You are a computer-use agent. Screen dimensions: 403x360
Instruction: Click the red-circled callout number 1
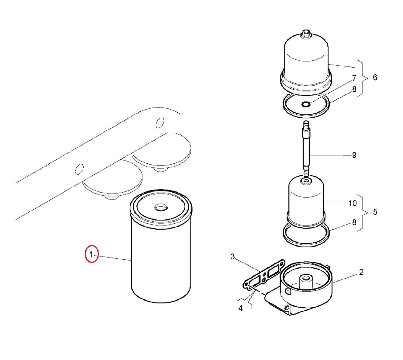[91, 254]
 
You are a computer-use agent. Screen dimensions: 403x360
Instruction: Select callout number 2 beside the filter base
[361, 272]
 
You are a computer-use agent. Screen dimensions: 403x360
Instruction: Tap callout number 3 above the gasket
[233, 256]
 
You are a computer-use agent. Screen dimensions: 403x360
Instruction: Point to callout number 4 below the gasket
[241, 308]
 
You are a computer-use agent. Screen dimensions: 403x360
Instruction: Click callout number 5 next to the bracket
[375, 212]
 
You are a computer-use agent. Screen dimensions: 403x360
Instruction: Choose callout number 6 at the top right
[375, 78]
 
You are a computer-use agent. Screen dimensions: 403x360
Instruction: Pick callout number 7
[354, 78]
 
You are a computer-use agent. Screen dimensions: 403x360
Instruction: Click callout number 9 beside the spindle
[354, 155]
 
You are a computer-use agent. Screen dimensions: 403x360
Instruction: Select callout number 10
[353, 203]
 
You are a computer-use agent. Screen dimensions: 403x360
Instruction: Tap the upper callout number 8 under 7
[354, 89]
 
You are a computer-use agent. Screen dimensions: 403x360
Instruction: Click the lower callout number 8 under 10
[354, 222]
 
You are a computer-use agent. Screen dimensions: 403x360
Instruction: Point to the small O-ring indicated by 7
[306, 104]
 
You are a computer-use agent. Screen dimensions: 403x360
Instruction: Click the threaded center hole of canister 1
[161, 207]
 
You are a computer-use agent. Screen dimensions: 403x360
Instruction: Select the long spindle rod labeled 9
[306, 149]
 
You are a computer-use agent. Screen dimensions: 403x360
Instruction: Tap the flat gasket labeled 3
[264, 275]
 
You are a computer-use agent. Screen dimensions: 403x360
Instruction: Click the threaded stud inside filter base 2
[306, 281]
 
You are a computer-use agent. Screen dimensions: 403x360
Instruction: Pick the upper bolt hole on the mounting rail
[160, 123]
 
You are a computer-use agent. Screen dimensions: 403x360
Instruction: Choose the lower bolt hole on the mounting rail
[79, 169]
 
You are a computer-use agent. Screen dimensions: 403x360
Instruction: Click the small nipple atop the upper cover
[306, 34]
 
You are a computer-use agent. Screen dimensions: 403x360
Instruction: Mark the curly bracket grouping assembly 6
[363, 78]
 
